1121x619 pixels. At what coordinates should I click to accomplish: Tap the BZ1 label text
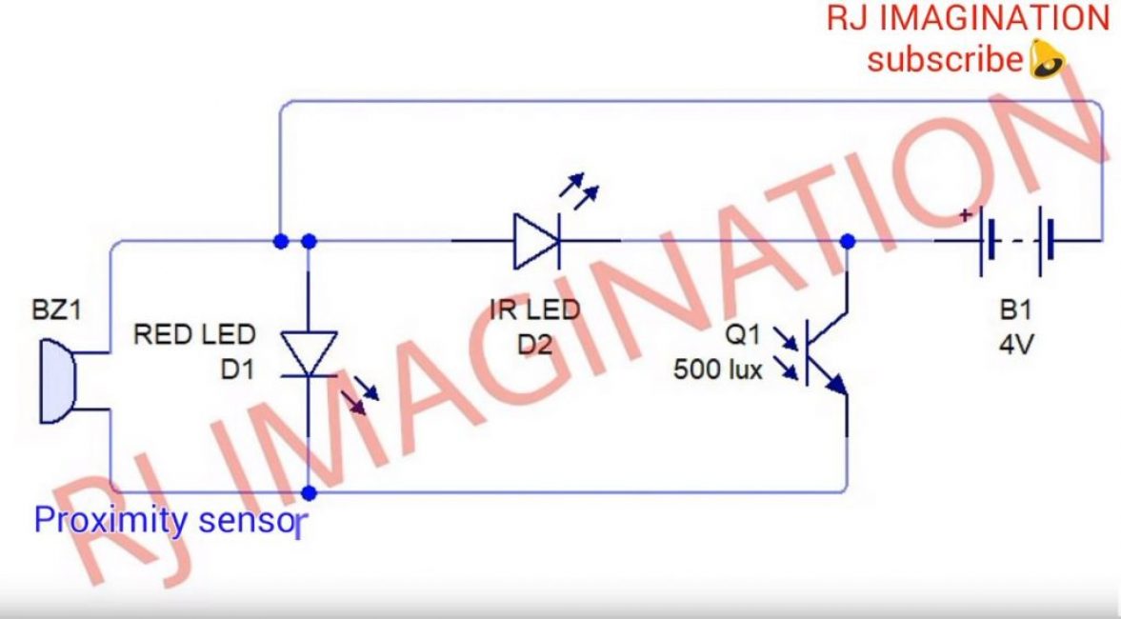[x=55, y=311]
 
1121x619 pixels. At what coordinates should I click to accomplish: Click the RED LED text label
[x=194, y=334]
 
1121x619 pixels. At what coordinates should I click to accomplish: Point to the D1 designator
[x=238, y=369]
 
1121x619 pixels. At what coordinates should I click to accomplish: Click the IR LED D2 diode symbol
[x=536, y=240]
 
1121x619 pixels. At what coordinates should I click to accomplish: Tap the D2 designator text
[x=534, y=345]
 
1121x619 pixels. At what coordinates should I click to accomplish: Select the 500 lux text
[x=718, y=369]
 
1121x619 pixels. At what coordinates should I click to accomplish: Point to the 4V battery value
[x=1015, y=345]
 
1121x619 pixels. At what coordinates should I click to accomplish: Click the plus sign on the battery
[x=967, y=216]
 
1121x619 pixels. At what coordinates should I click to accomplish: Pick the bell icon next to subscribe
[x=1046, y=61]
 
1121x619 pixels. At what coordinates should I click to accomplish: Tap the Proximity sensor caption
[x=169, y=520]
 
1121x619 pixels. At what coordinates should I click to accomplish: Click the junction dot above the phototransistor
[x=849, y=242]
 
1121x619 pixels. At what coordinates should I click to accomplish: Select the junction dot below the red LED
[x=309, y=493]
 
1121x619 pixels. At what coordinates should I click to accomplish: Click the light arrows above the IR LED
[x=580, y=190]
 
